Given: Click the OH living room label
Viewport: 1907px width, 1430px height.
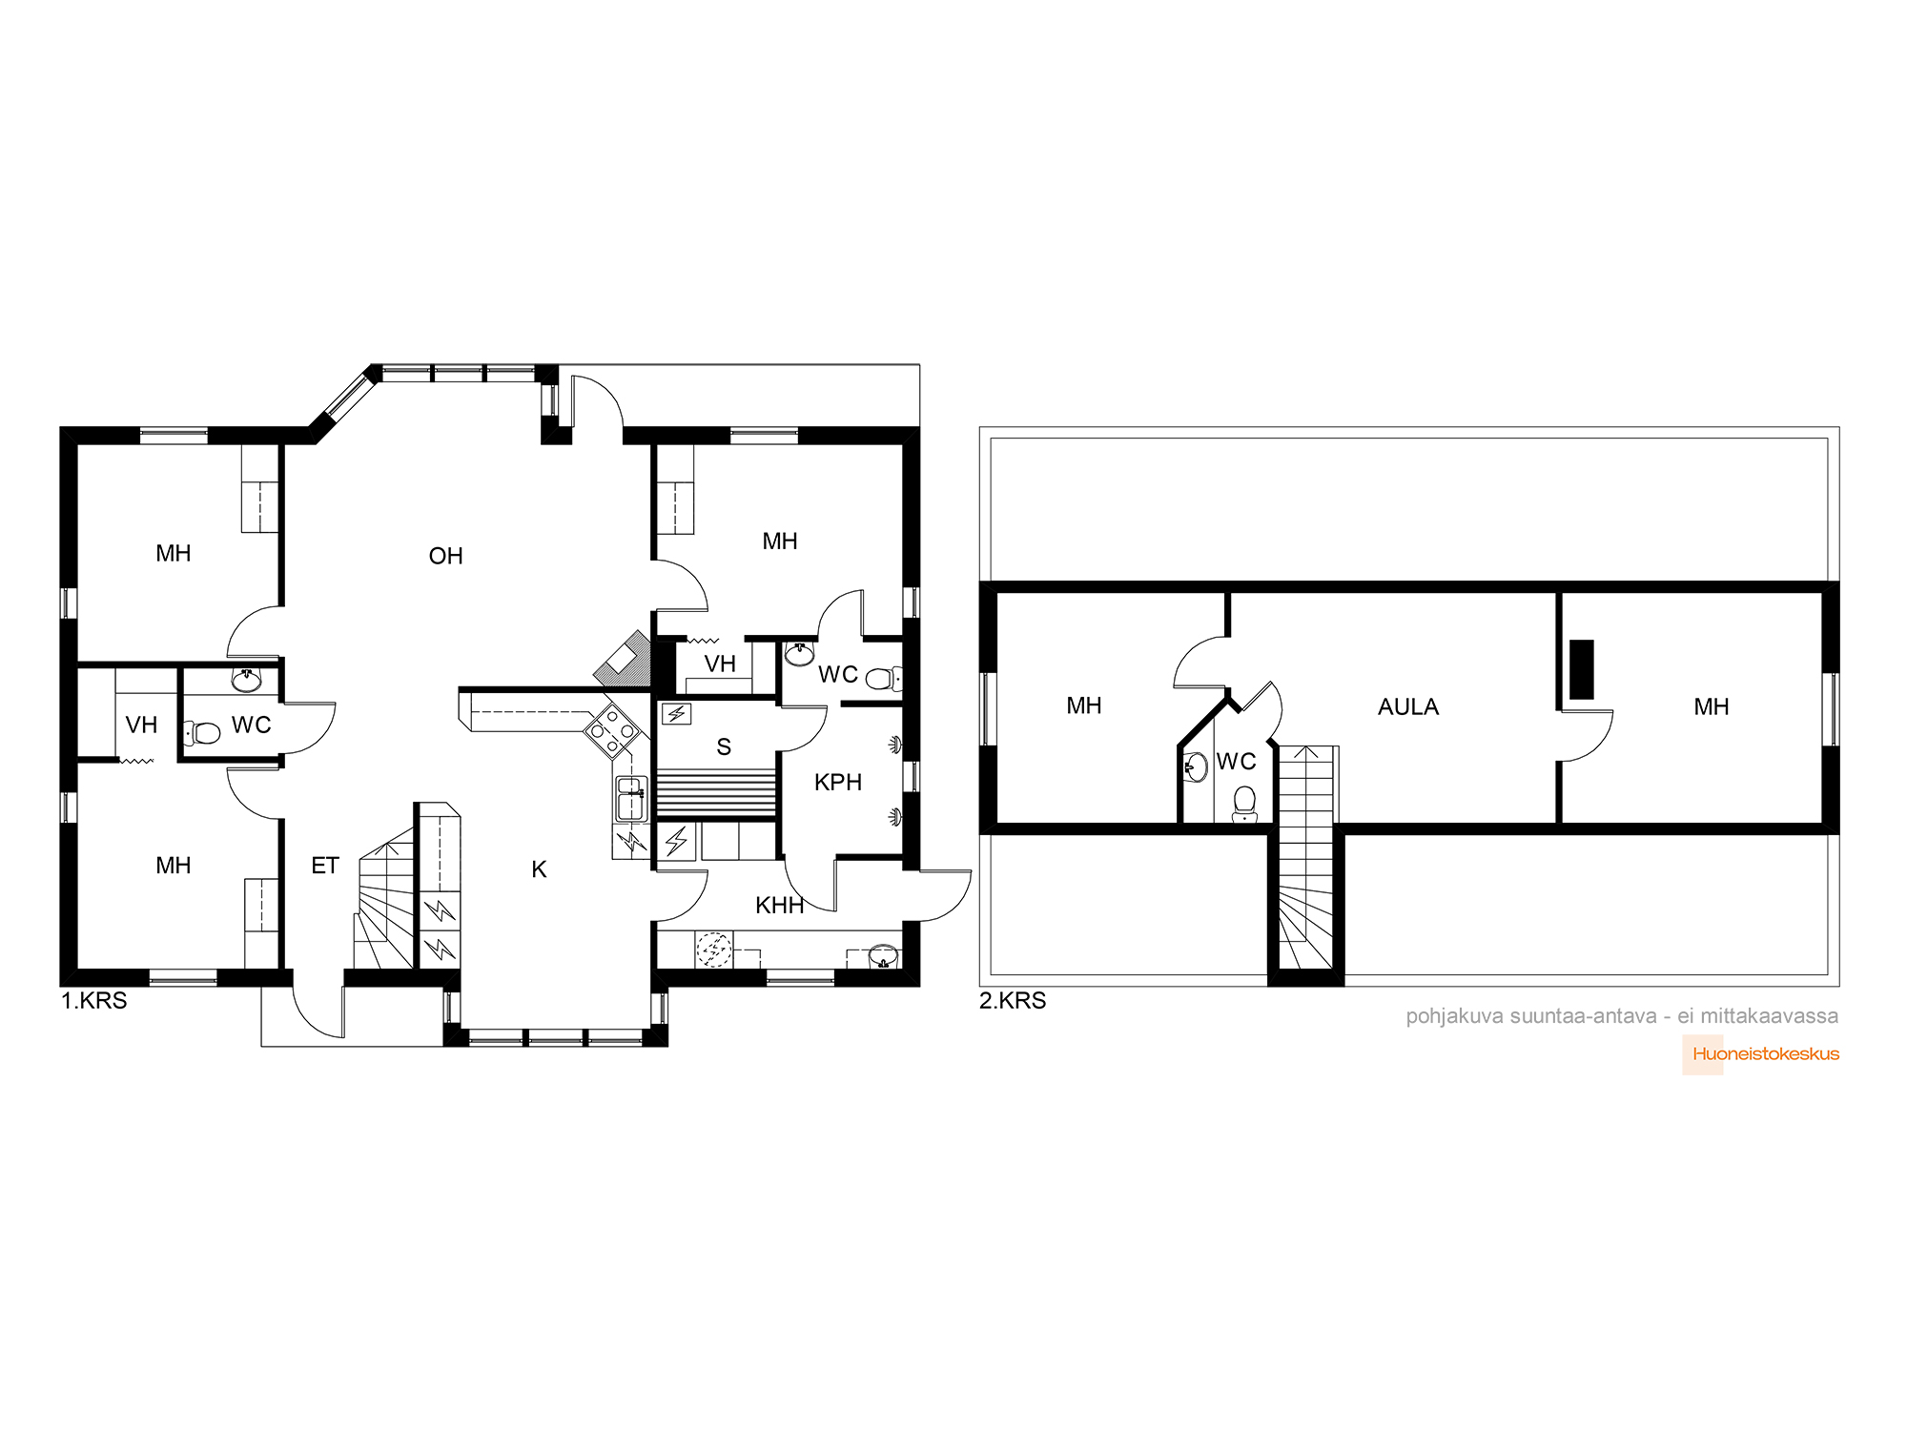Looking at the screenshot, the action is tap(445, 556).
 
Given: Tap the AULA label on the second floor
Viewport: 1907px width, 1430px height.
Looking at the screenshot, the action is tap(1408, 706).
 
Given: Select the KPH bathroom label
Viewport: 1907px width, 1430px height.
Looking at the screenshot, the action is tap(838, 783).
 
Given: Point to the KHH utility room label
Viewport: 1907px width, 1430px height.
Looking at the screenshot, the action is tap(780, 906).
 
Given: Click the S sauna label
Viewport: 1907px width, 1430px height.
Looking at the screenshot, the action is tap(724, 747).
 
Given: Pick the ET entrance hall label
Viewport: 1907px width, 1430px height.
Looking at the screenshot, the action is tap(325, 866).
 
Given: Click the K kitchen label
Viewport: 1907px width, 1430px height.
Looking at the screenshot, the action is tap(539, 869).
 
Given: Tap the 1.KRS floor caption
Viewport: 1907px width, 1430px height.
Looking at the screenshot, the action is tap(93, 1001).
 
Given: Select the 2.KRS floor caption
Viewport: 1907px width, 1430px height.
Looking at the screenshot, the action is tap(1013, 1001).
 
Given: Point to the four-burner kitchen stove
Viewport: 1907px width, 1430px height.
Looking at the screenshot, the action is tap(612, 731).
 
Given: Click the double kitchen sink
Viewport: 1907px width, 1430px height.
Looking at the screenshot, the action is tap(631, 799).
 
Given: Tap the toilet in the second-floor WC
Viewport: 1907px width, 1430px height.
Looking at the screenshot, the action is tap(1244, 805).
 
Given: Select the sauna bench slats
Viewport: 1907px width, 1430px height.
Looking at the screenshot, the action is tap(717, 794).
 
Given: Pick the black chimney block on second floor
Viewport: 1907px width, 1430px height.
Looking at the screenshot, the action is tap(1582, 669).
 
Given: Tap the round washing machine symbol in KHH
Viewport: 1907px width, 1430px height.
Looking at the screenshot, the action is tap(713, 950).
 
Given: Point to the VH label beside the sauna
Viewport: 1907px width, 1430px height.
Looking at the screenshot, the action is tap(720, 664).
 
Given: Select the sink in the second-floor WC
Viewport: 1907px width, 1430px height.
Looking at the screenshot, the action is tap(1196, 766).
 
